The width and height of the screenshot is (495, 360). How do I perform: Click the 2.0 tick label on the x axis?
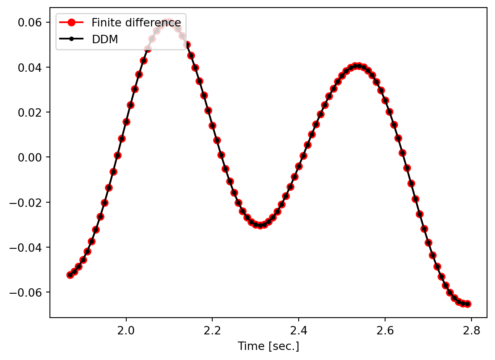point(126,330)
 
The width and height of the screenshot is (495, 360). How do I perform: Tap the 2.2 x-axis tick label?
point(212,330)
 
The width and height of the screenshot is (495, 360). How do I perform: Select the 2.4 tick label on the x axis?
point(299,330)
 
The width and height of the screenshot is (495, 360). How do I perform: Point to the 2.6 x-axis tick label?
point(385,330)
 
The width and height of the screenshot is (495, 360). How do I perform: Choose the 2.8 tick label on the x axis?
point(471,330)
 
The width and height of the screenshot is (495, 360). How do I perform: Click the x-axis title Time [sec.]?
point(268,347)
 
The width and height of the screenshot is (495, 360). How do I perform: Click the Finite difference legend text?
point(136,22)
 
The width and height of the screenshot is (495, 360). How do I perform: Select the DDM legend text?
point(105,39)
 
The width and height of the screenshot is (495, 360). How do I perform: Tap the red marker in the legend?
point(72,22)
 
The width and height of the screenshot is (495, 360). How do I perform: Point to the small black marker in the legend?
point(72,39)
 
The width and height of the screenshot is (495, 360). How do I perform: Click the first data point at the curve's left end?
point(70,275)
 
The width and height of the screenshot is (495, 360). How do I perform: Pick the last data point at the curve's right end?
point(468,304)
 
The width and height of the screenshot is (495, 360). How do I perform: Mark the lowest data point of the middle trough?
point(260,225)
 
